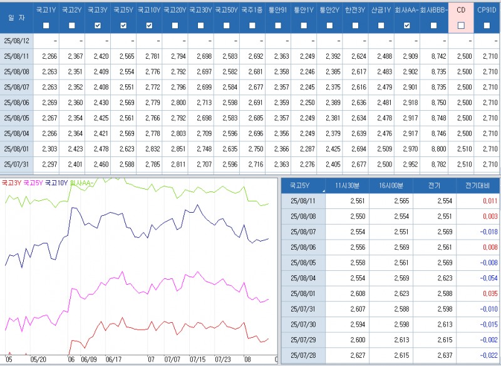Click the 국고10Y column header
149,10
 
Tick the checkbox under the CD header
461,26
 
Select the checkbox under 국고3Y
97,26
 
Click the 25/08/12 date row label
16,41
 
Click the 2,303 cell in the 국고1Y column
49,149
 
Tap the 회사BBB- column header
435,10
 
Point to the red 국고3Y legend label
11,183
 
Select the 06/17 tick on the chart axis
113,360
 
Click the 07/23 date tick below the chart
223,360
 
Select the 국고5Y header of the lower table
303,186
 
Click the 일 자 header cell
16,18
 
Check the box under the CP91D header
487,26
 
